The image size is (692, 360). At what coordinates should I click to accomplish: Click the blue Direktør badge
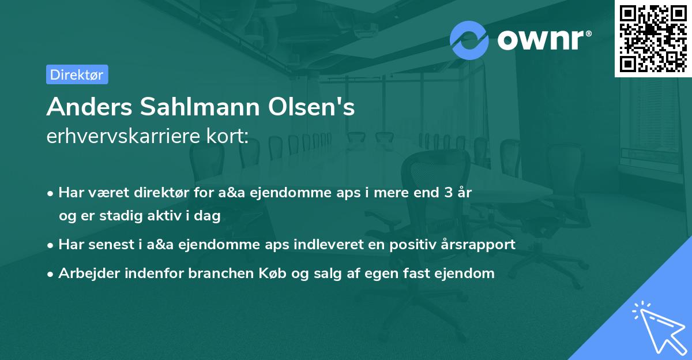click(x=77, y=74)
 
